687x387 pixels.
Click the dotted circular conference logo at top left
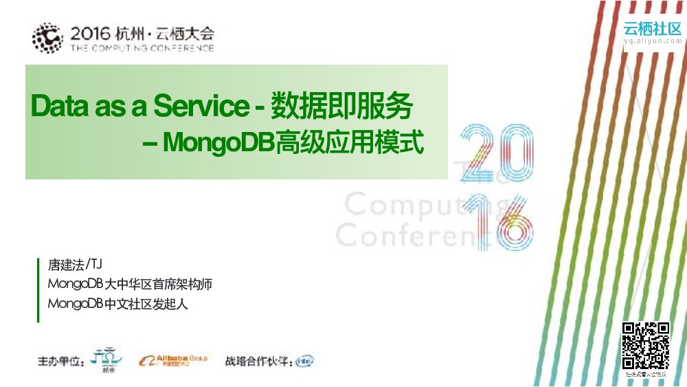(x=47, y=38)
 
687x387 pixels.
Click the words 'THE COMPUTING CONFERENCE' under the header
(x=142, y=49)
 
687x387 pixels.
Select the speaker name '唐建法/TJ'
(x=75, y=265)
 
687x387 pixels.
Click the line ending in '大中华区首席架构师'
(x=130, y=284)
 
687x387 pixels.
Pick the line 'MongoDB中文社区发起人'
(x=117, y=304)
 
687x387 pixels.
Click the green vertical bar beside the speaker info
(x=38, y=289)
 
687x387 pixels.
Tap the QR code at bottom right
(x=645, y=346)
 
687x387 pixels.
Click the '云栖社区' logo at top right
(x=653, y=29)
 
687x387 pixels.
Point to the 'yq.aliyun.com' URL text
(x=653, y=42)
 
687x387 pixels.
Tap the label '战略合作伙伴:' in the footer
(x=258, y=361)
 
